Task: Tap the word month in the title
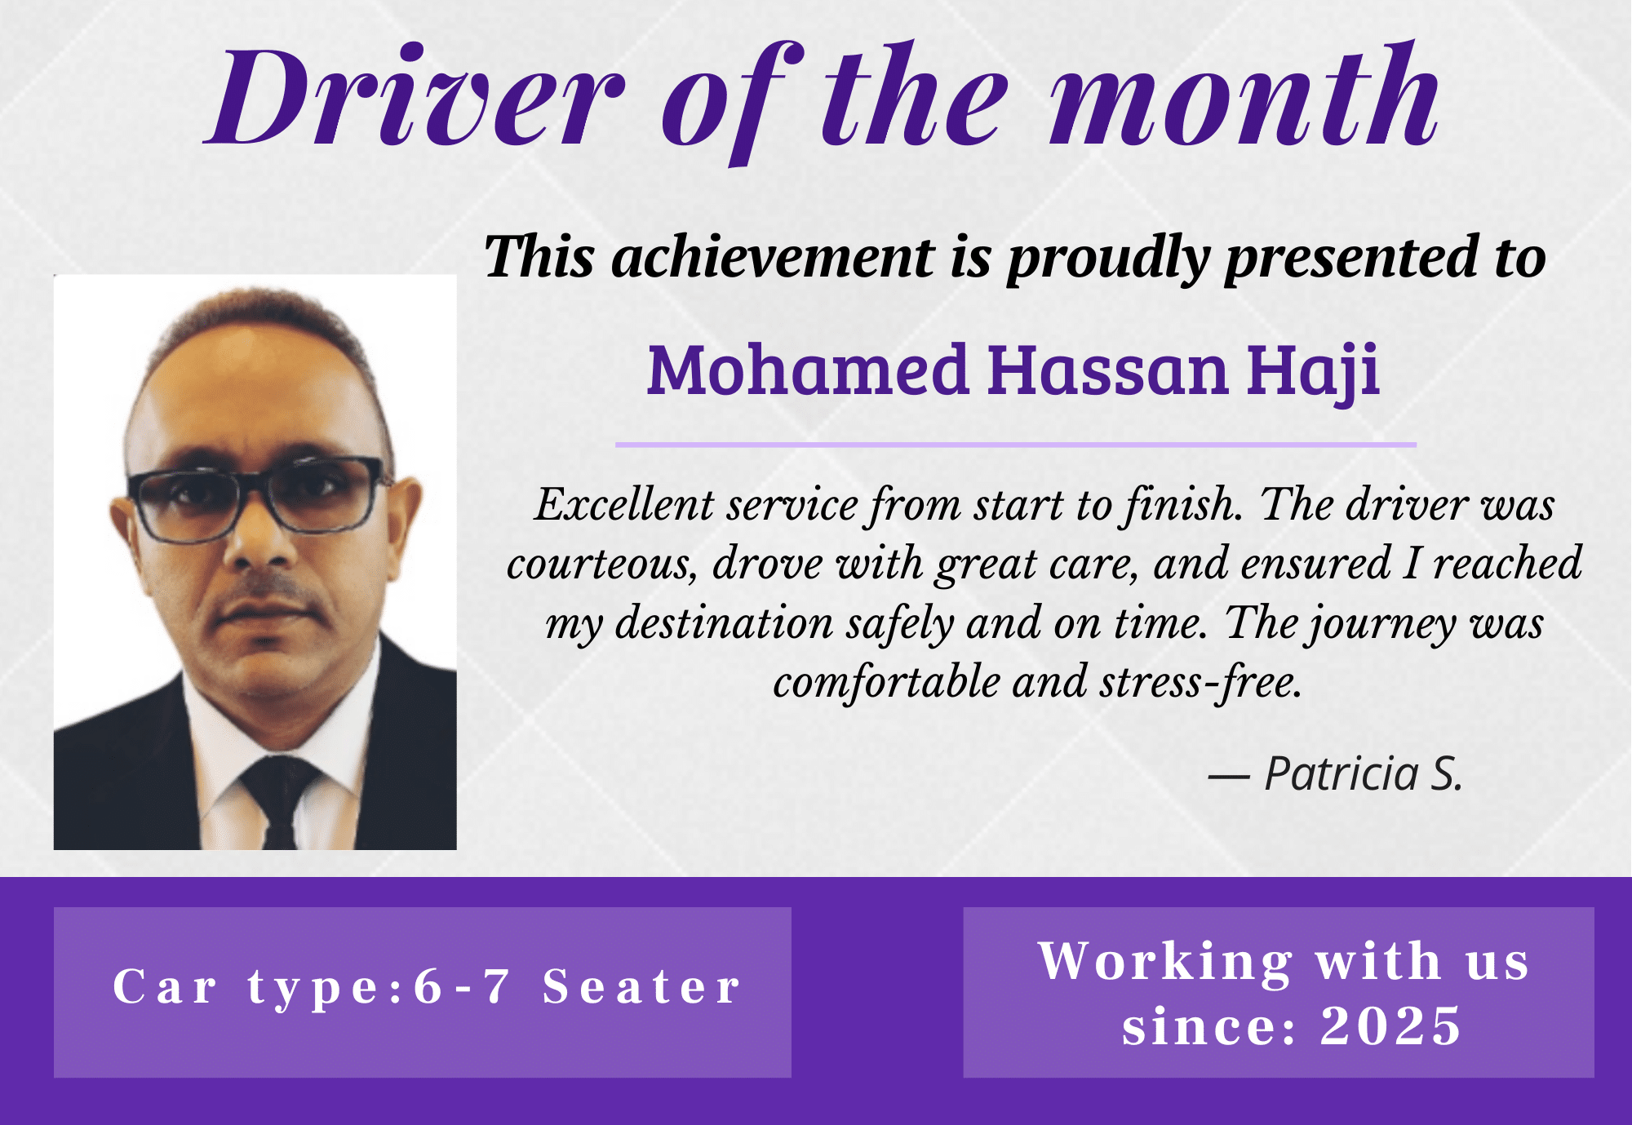[x=1245, y=95]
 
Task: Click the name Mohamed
[x=808, y=370]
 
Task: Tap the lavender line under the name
[x=1016, y=445]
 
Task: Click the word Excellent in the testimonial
[x=624, y=504]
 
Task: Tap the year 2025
[x=1390, y=1025]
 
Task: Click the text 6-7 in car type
[x=462, y=986]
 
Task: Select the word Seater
[x=641, y=986]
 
